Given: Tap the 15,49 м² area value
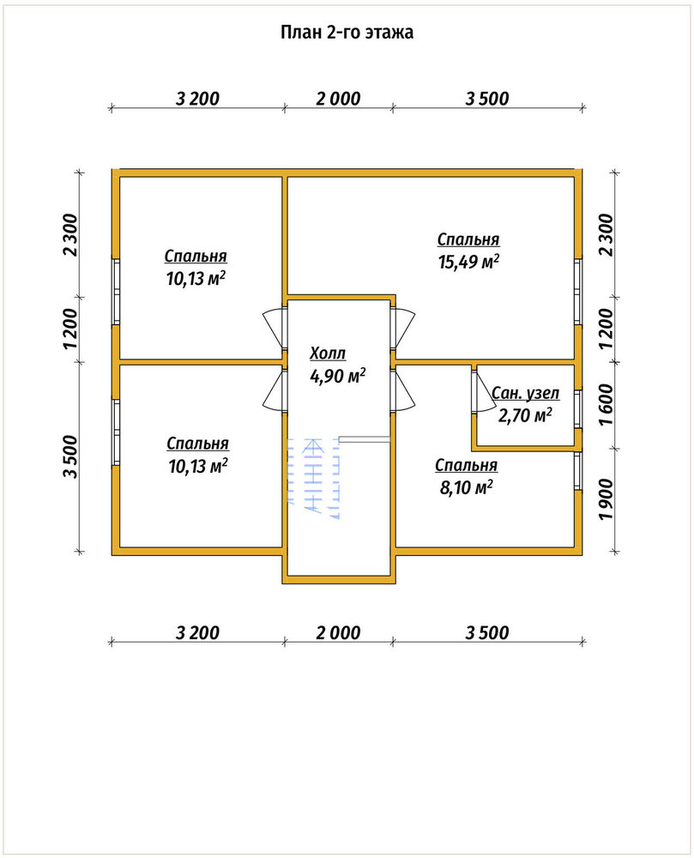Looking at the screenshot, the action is pyautogui.click(x=468, y=262).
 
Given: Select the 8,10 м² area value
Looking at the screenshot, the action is pyautogui.click(x=467, y=487).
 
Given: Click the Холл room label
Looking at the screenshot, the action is pyautogui.click(x=329, y=353).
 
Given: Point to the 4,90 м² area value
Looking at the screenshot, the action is pyautogui.click(x=337, y=376).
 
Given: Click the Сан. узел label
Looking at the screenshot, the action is pyautogui.click(x=526, y=393).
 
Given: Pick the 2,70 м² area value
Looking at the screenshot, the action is pyautogui.click(x=525, y=415).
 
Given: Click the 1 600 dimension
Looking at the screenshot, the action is pyautogui.click(x=606, y=405).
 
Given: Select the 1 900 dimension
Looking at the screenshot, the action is pyautogui.click(x=606, y=501).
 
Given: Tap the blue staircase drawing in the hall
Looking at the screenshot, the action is pyautogui.click(x=313, y=477).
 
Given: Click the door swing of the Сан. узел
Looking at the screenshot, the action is pyautogui.click(x=484, y=389).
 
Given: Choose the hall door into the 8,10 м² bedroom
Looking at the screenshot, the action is pyautogui.click(x=403, y=390).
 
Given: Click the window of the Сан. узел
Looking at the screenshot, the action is pyautogui.click(x=577, y=409).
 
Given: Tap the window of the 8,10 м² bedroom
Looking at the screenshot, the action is pyautogui.click(x=577, y=471).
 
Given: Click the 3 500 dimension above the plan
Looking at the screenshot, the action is pyautogui.click(x=487, y=99).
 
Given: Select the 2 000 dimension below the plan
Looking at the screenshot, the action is pyautogui.click(x=338, y=632).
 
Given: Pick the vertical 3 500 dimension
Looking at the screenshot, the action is pyautogui.click(x=70, y=456).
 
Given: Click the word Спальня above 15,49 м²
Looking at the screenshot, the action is pyautogui.click(x=468, y=239).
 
